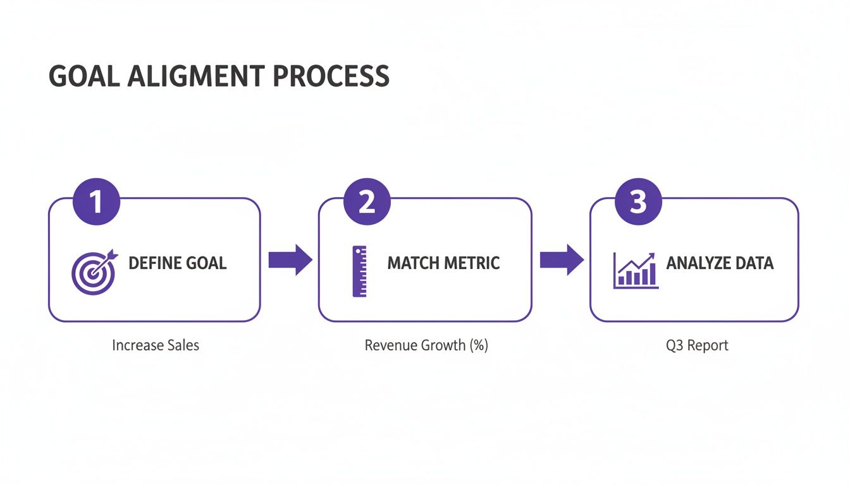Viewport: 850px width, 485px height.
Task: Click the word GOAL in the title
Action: point(84,76)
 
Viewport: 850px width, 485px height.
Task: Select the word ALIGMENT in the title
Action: point(196,76)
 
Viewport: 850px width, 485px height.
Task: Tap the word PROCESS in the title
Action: point(331,76)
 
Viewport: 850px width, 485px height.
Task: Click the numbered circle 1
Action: point(97,202)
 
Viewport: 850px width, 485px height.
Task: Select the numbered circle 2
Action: point(367,202)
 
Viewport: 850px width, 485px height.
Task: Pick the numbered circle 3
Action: point(638,202)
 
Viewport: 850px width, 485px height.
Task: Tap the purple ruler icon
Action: point(359,272)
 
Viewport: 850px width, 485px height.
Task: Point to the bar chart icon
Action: point(635,272)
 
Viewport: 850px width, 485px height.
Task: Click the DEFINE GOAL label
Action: point(177,263)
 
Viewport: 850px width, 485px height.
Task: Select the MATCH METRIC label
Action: point(443,263)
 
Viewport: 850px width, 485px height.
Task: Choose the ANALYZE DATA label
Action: point(720,263)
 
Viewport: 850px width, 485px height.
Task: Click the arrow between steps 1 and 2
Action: point(290,260)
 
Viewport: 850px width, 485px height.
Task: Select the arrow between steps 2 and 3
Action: point(562,260)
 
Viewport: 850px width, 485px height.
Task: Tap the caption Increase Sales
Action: point(156,345)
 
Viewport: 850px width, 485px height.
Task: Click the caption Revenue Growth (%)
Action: point(426,345)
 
